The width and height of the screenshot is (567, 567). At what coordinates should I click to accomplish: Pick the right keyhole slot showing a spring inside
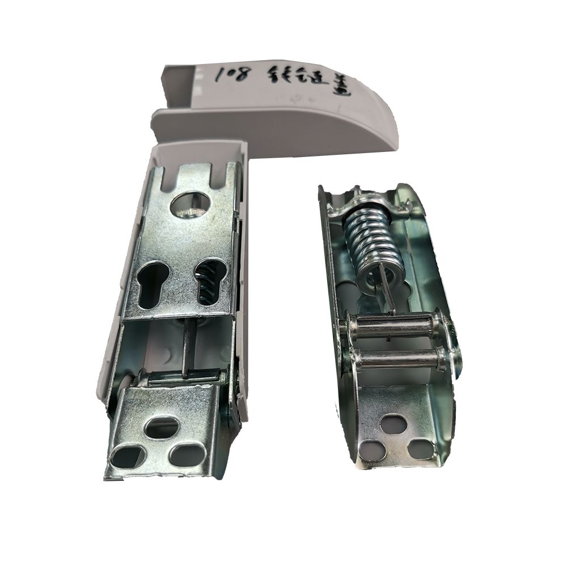coord(208,281)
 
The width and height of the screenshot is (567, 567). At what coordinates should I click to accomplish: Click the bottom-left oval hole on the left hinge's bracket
coord(128,454)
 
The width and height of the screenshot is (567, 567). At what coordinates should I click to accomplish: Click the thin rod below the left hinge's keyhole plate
coord(185,346)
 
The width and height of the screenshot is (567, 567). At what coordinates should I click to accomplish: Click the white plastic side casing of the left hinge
coord(122,283)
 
